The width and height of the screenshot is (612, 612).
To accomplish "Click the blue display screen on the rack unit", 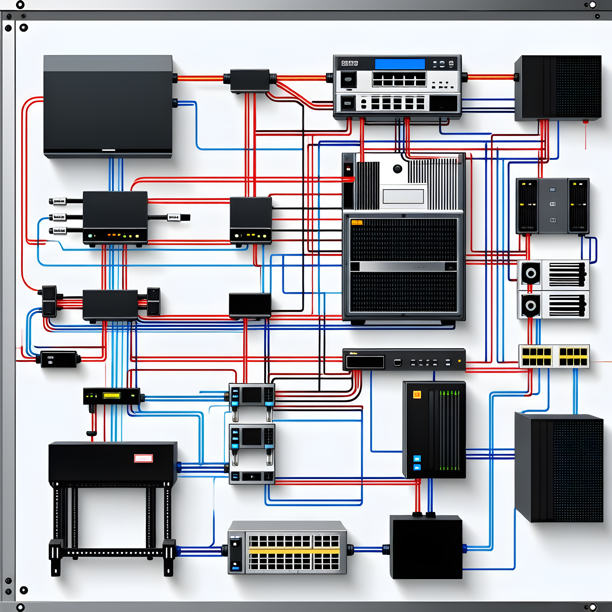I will click(x=400, y=64).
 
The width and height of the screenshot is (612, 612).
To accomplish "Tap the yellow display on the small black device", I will click(x=111, y=395).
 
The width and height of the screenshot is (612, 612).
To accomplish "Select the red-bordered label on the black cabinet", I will click(x=143, y=458).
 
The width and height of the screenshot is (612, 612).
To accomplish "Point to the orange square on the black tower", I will click(x=417, y=394).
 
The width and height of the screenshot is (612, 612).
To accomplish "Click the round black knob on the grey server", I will click(x=397, y=169).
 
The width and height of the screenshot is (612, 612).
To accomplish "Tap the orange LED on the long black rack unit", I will click(x=459, y=361).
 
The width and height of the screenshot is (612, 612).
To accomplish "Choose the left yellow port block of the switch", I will click(x=537, y=357).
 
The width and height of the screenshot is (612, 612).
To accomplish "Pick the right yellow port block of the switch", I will click(x=573, y=357).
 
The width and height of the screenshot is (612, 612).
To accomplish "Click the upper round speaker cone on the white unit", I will click(x=531, y=273).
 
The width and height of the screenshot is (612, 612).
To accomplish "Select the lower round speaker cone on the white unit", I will click(x=531, y=306).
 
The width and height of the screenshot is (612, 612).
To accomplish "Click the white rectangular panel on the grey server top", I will click(x=403, y=196).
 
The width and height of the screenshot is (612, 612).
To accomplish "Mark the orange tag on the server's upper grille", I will click(x=357, y=222).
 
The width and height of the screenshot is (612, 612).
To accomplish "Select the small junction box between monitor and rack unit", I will click(x=250, y=80).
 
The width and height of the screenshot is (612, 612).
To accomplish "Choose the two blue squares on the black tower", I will click(x=417, y=463).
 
